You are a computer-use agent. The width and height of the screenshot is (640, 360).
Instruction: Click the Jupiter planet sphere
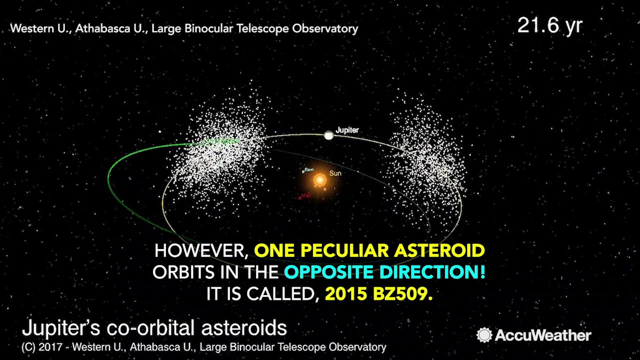click(x=328, y=135)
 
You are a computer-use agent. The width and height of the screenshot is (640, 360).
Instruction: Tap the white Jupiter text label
click(x=347, y=130)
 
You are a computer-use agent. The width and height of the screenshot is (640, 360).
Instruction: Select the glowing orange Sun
click(x=319, y=179)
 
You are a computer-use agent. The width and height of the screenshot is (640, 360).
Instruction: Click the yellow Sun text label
click(x=335, y=173)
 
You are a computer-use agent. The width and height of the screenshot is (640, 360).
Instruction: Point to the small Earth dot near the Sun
click(x=303, y=171)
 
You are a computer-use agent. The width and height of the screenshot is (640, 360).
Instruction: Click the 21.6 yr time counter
click(x=549, y=25)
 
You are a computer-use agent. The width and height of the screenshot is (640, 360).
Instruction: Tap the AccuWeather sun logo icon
click(x=484, y=335)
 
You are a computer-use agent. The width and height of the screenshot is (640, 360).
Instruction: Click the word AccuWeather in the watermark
click(x=543, y=335)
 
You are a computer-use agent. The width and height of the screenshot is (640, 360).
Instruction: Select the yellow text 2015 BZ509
click(x=378, y=294)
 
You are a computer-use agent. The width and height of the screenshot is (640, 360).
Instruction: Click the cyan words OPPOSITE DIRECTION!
click(x=385, y=272)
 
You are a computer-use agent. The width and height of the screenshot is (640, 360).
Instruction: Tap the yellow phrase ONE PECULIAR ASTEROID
click(x=369, y=250)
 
